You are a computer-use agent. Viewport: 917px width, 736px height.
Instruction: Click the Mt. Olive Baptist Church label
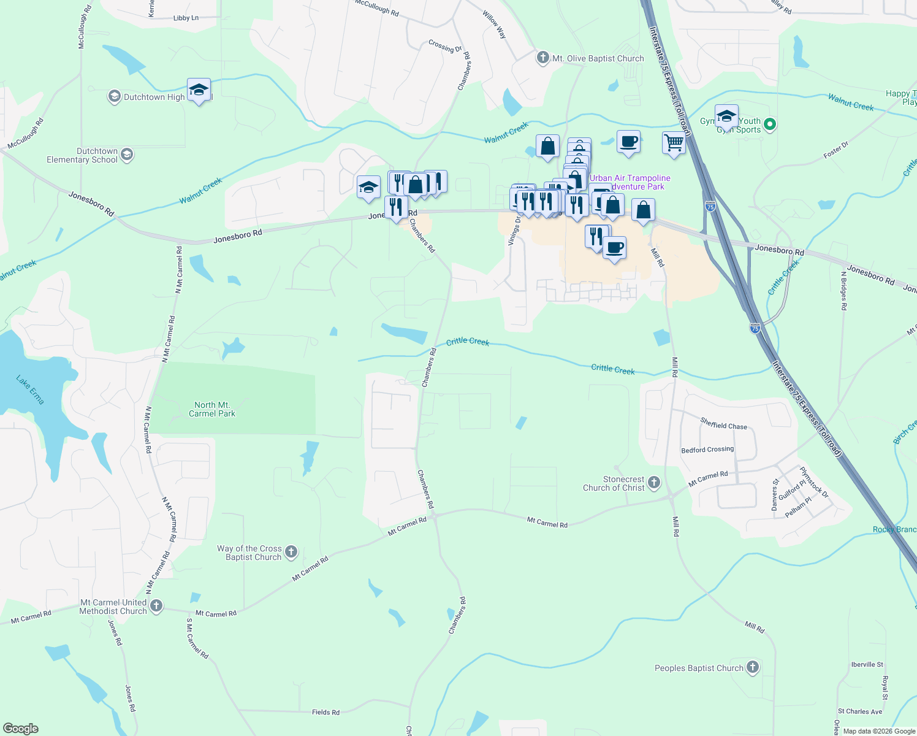coord(598,59)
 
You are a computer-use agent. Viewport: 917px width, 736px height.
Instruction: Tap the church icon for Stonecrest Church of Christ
coord(654,483)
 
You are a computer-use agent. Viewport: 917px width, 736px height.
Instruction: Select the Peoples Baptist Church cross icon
coord(753,667)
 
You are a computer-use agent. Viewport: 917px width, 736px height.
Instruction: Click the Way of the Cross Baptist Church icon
coord(291,552)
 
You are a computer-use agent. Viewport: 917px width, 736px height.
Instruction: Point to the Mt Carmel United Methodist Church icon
coord(156,606)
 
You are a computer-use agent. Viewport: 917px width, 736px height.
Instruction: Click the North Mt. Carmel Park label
coord(211,409)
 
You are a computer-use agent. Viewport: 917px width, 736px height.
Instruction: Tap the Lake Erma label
coord(30,390)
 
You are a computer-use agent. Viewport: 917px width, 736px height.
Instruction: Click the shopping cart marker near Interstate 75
coord(674,143)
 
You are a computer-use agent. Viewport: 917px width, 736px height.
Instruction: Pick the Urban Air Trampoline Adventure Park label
coord(630,182)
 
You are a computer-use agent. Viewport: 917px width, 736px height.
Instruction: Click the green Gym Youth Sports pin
coord(771,125)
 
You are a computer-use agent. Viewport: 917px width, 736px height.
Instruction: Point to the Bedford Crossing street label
coord(707,450)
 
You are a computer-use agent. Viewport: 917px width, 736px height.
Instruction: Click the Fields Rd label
coord(325,712)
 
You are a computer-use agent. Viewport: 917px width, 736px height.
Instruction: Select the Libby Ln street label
coord(186,18)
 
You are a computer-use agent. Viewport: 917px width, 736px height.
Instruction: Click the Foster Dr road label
coord(836,150)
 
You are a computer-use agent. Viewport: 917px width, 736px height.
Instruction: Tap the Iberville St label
coord(867,664)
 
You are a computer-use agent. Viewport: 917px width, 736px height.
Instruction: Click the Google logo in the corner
coord(20,728)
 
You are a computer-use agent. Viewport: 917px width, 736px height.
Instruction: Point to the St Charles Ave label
coord(859,711)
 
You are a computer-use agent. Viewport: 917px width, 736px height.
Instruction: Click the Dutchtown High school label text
coord(154,97)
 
